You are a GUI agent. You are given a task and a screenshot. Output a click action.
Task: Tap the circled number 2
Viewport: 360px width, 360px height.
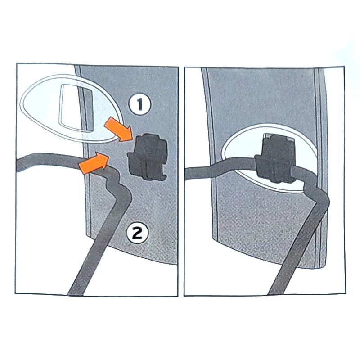coord(138,233)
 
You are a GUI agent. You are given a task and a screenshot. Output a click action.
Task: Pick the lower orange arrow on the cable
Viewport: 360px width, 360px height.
coord(94,162)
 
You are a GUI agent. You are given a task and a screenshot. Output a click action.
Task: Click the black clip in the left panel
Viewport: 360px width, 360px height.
coord(147,157)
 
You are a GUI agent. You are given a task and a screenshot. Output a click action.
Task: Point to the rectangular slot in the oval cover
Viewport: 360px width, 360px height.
coord(76,108)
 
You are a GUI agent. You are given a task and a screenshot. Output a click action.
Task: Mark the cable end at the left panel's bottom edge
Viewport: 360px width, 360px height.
coord(76,293)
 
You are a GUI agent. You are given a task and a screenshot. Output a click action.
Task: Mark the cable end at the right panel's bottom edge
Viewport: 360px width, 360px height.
coord(275,293)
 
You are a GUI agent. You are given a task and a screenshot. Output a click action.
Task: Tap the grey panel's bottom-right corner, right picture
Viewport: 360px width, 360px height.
coord(325,266)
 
